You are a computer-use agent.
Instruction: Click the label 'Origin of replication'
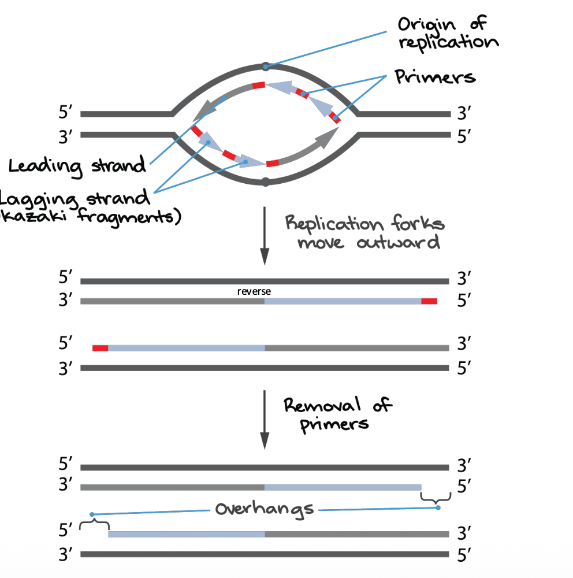tap(448, 33)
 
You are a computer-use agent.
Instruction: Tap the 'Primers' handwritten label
tap(435, 77)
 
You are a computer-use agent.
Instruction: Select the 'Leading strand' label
tap(77, 166)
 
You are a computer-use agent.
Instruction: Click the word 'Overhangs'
tap(265, 509)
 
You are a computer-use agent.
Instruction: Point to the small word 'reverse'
tap(254, 292)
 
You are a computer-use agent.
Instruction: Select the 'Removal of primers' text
tap(337, 414)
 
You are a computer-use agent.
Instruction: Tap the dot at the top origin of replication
tap(265, 66)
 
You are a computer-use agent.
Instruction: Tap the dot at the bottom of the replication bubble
tap(265, 182)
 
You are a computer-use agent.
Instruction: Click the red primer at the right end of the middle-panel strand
tap(429, 301)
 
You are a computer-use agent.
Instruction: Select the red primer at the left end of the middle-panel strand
tap(101, 348)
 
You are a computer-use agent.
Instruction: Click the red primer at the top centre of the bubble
tap(258, 85)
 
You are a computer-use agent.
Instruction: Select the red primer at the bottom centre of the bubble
tap(272, 163)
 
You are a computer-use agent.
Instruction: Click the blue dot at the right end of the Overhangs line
tap(438, 507)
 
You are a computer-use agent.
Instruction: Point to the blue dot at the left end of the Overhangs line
tap(92, 514)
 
